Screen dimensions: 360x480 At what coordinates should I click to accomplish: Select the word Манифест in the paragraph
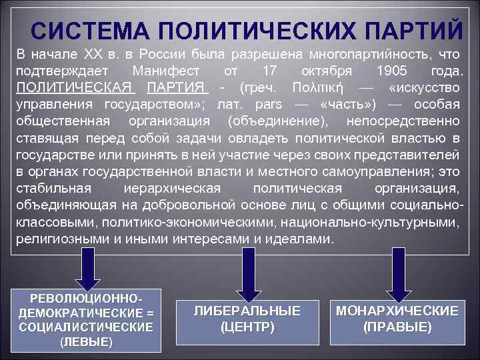coord(163,71)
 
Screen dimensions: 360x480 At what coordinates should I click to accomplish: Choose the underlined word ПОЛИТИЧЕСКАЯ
coord(75,88)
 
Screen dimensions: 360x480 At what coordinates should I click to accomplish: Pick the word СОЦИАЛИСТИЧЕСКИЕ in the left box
coord(86,327)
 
